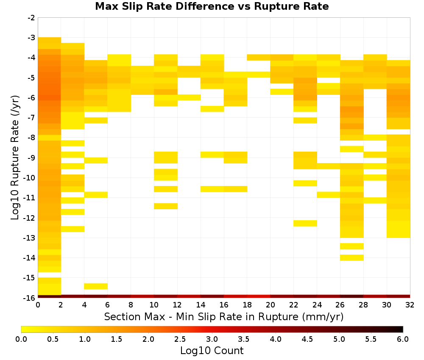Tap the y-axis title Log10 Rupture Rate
[x=15, y=158]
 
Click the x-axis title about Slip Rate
[x=224, y=317]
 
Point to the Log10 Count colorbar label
[x=212, y=351]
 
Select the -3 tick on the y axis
[x=31, y=38]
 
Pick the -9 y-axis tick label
[x=31, y=158]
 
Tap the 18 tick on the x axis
[x=247, y=305]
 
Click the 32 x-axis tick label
[x=410, y=305]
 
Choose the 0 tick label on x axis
[x=38, y=305]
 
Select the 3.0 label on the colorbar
[x=212, y=339]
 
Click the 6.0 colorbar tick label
[x=403, y=339]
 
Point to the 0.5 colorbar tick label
[x=53, y=339]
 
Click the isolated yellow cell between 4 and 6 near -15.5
[x=96, y=286]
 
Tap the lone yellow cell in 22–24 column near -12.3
[x=305, y=223]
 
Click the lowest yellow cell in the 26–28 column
[x=352, y=258]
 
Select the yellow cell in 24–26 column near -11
[x=329, y=195]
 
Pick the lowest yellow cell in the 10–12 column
[x=166, y=206]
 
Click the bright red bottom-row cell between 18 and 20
[x=259, y=296]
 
